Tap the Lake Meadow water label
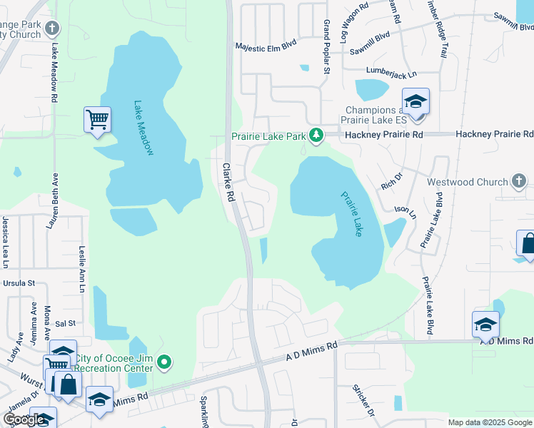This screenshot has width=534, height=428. click(143, 128)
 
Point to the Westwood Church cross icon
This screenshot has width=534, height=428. click(519, 182)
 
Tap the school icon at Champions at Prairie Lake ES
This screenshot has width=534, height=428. click(415, 101)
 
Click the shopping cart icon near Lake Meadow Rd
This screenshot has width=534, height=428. click(97, 119)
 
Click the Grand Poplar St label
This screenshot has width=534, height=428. click(326, 48)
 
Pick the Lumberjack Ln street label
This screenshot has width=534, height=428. click(390, 71)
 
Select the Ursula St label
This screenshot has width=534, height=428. click(20, 283)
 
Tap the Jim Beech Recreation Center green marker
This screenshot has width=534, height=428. click(165, 363)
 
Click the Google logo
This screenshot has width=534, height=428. click(23, 419)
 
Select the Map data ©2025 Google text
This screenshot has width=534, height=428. click(490, 422)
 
